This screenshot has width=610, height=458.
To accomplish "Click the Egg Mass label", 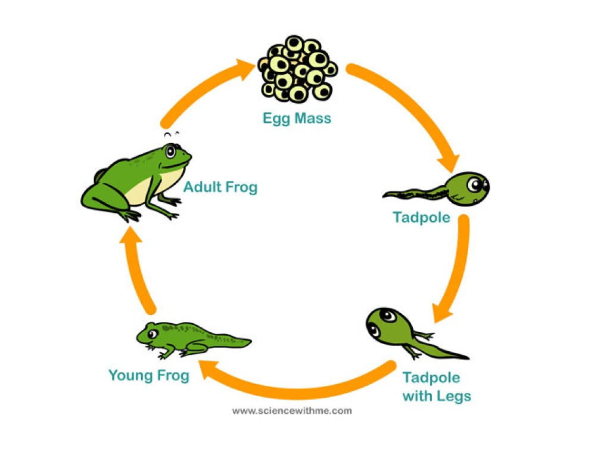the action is click(x=297, y=119).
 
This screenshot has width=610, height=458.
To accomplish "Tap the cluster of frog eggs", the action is click(x=298, y=69).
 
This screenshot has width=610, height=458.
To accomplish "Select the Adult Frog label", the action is click(x=220, y=187).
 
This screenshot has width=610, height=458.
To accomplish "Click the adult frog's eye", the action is click(x=170, y=151).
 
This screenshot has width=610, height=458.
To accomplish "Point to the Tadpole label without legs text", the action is click(x=421, y=217).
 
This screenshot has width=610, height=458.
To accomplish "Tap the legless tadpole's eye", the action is click(x=475, y=184).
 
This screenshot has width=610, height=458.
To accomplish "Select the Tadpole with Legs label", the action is click(x=437, y=386).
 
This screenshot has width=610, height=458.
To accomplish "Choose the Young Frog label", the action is click(x=149, y=376).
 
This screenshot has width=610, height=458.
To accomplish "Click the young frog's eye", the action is click(x=152, y=334).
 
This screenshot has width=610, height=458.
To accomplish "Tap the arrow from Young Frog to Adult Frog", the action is click(x=137, y=269).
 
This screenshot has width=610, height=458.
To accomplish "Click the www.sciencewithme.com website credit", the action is click(x=292, y=411).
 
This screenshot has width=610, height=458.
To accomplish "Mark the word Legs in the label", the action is click(x=454, y=396).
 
